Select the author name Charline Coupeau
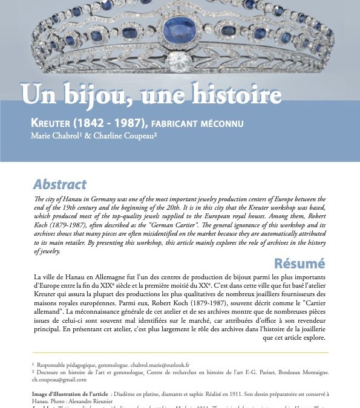tap(127, 136)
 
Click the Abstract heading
tap(59, 184)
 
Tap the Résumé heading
tap(299, 263)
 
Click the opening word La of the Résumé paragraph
tap(39, 276)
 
